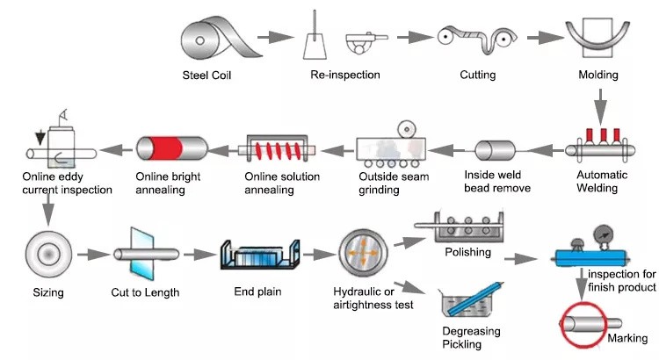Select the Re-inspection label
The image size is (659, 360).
click(x=345, y=75)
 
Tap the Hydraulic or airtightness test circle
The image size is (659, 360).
click(x=365, y=252)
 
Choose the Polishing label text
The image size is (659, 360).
click(x=467, y=253)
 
